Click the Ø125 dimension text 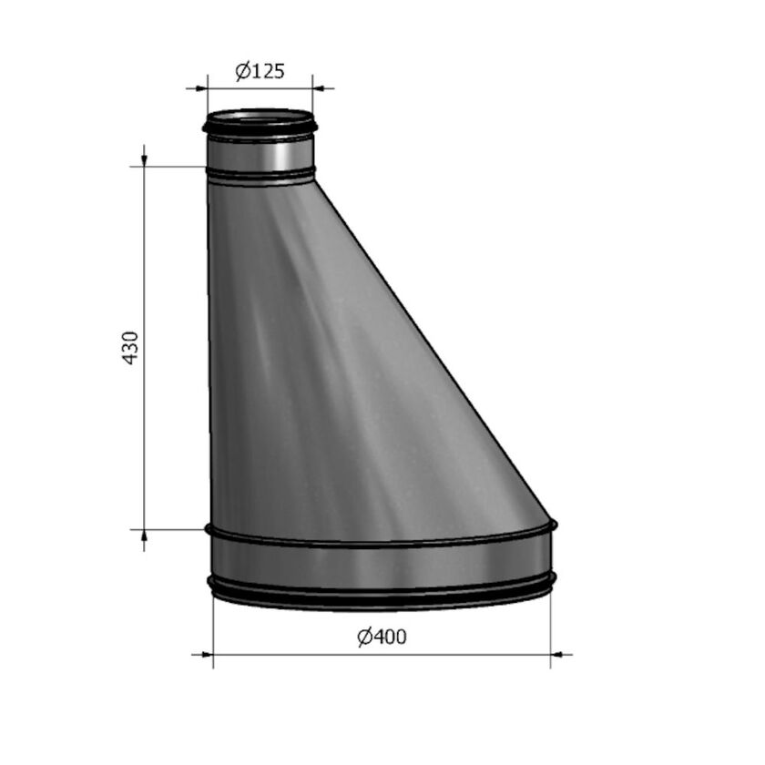(x=260, y=71)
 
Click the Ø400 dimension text (x=382, y=637)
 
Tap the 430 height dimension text (x=131, y=348)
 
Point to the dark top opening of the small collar (x=260, y=117)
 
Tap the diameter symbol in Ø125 (x=242, y=71)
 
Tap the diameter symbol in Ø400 (x=364, y=637)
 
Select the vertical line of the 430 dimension (x=144, y=273)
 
